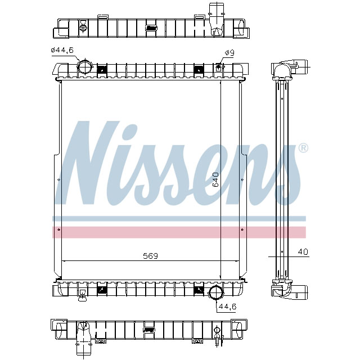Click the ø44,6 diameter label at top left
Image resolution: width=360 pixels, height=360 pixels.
tap(62, 50)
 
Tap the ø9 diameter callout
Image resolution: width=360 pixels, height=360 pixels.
tap(229, 53)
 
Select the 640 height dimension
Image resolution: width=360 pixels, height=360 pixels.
tap(215, 179)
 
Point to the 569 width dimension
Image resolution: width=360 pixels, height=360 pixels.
tap(150, 255)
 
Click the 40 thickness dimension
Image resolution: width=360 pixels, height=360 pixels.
tap(303, 251)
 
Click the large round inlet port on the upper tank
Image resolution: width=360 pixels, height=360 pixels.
tap(85, 67)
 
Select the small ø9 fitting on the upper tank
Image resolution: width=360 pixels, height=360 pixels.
tap(219, 67)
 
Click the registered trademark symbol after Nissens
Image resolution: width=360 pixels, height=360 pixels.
tap(303, 148)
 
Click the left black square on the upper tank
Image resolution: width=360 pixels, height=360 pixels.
tap(102, 70)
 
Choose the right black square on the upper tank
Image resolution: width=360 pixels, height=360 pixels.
tap(199, 70)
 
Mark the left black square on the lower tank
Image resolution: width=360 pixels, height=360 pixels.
tap(102, 289)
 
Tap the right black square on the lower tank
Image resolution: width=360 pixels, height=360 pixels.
tap(199, 289)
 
